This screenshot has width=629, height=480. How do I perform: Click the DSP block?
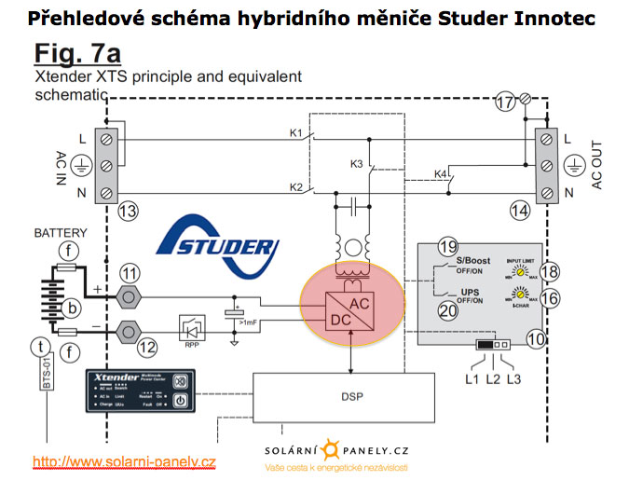coord(346,395)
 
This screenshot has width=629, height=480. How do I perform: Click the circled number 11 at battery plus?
coord(130,274)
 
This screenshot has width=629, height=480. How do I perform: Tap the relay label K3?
coord(358,165)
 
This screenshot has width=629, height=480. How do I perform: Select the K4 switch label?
coord(442,174)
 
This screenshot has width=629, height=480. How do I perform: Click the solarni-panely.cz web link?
coord(124,461)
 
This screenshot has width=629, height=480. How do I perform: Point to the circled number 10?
coord(538,341)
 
